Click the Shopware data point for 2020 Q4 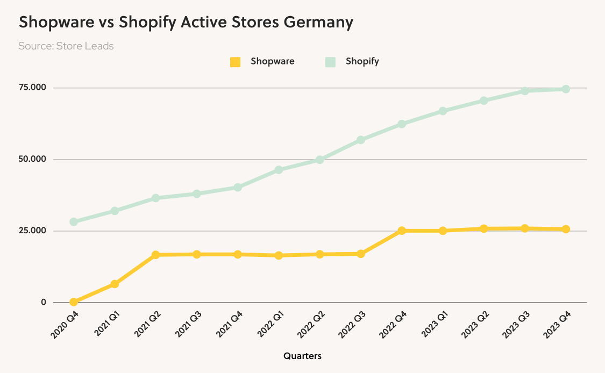click(74, 302)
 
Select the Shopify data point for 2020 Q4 click(74, 221)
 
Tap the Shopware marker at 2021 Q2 click(155, 255)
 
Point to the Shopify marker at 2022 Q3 click(361, 140)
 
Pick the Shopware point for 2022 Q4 click(402, 231)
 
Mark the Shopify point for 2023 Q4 click(566, 89)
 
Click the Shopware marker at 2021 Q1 click(115, 284)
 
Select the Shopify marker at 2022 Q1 click(279, 170)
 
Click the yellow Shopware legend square click(235, 62)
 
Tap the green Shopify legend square click(330, 62)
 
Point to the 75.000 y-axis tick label click(33, 88)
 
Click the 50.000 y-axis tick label click(33, 159)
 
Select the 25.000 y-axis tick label click(33, 231)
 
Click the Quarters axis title click(303, 356)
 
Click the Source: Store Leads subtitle click(66, 46)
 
